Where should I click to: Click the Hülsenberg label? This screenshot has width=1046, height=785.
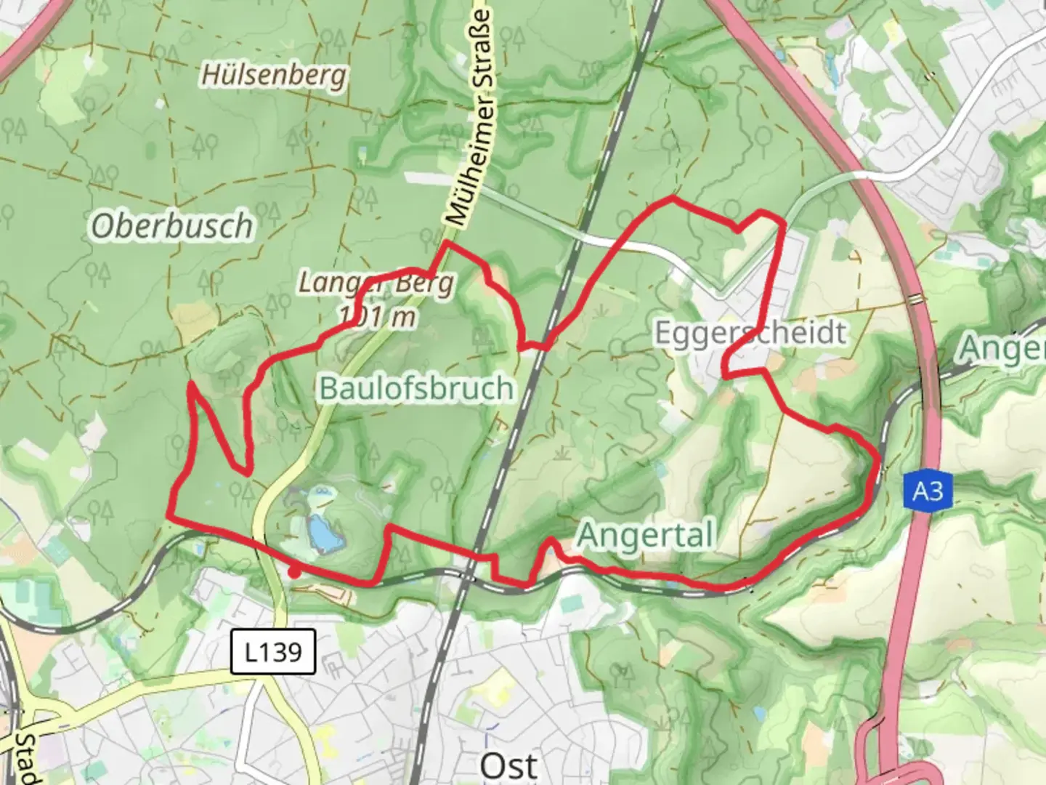coord(274,76)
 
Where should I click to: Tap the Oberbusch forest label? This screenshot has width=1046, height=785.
coord(172,226)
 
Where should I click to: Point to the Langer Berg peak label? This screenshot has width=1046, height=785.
coord(376,283)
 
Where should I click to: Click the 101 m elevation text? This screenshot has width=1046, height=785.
coord(377,316)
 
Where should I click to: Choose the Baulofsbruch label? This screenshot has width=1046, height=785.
coord(416,388)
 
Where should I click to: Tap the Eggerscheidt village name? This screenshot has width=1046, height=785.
coord(750,333)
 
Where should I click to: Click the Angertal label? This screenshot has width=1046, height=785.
coord(645,536)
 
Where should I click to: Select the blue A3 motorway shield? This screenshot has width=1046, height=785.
coord(928,492)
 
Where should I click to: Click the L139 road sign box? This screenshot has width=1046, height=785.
coord(273,652)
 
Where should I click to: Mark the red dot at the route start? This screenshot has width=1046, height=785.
coord(293,573)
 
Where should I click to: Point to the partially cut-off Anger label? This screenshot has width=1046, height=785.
coord(1002,349)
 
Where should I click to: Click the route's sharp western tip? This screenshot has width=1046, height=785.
coord(190,383)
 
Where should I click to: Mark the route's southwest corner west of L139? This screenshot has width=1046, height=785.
coord(169,515)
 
